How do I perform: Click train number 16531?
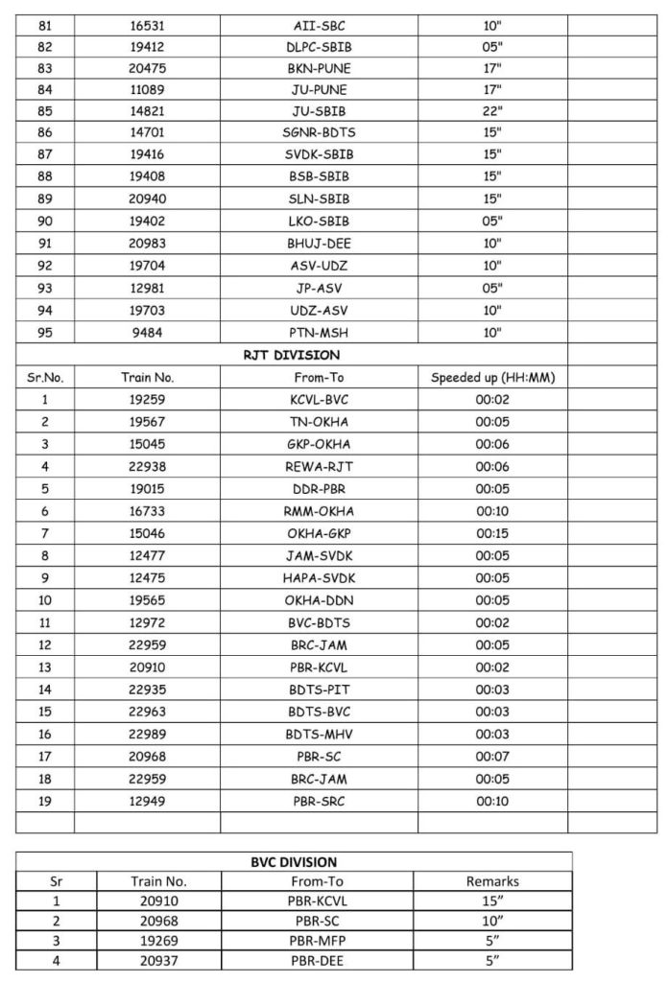(x=147, y=26)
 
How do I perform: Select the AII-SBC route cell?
(x=319, y=26)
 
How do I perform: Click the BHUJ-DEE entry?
(x=319, y=244)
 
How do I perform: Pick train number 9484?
(x=147, y=333)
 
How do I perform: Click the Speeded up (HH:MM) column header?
(x=492, y=378)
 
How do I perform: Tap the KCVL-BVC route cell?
(x=319, y=400)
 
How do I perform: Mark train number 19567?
(x=147, y=422)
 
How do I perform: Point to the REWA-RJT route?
(x=319, y=466)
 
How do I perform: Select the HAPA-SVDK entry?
(x=319, y=576)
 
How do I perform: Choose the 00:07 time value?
(x=492, y=755)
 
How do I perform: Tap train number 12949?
(x=147, y=800)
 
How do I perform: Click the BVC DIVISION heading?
(x=294, y=861)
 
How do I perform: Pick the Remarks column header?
(x=491, y=881)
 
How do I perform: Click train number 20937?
(x=159, y=959)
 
